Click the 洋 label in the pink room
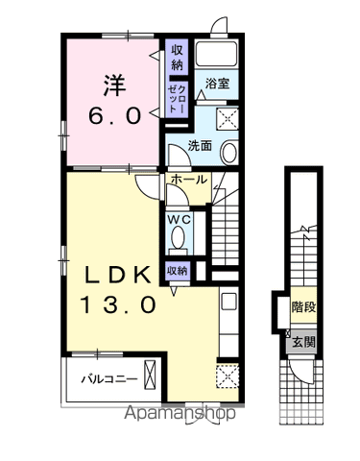114,85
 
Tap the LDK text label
117,275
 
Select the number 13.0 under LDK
118,304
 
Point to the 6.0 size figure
115,115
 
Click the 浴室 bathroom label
217,84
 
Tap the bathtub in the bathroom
216,54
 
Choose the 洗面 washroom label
200,146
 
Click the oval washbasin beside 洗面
229,153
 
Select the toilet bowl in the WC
178,237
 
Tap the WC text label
180,219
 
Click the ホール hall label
188,180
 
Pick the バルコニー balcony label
109,379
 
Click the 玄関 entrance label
303,342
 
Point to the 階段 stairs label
303,307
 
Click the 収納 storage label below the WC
177,271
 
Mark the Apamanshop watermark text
180,413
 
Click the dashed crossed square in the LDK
228,376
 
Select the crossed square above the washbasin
228,119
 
